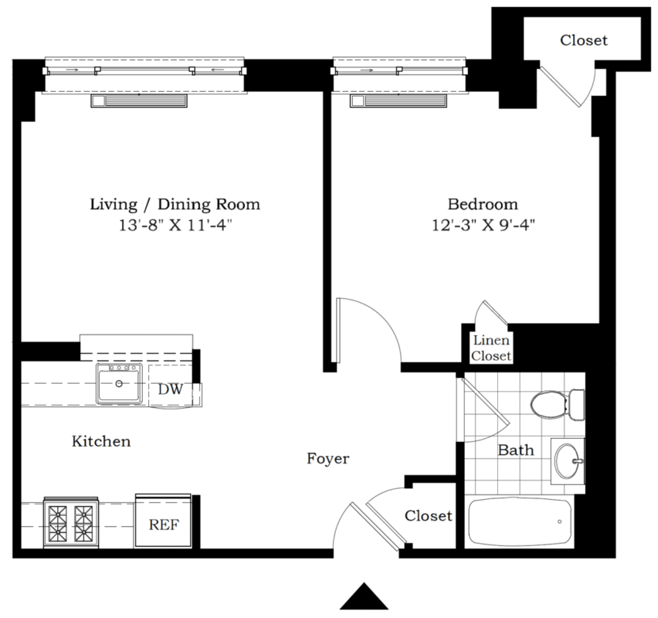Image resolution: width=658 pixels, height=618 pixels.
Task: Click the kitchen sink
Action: pyautogui.click(x=120, y=384)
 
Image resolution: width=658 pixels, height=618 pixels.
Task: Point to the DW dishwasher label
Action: pyautogui.click(x=170, y=389)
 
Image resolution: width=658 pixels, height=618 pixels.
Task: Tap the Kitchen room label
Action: pyautogui.click(x=101, y=442)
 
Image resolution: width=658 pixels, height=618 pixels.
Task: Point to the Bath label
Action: pyautogui.click(x=515, y=450)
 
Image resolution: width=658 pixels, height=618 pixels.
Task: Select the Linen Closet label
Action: pyautogui.click(x=492, y=348)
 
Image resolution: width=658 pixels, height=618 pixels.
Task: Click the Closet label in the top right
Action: pyautogui.click(x=583, y=40)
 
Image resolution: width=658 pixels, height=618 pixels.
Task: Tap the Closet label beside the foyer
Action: pyautogui.click(x=429, y=515)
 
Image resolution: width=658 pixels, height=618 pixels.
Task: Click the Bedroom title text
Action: pyautogui.click(x=483, y=205)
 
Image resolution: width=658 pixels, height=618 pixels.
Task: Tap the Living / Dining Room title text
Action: pyautogui.click(x=175, y=205)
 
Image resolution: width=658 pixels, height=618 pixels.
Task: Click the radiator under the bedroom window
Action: pyautogui.click(x=399, y=102)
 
